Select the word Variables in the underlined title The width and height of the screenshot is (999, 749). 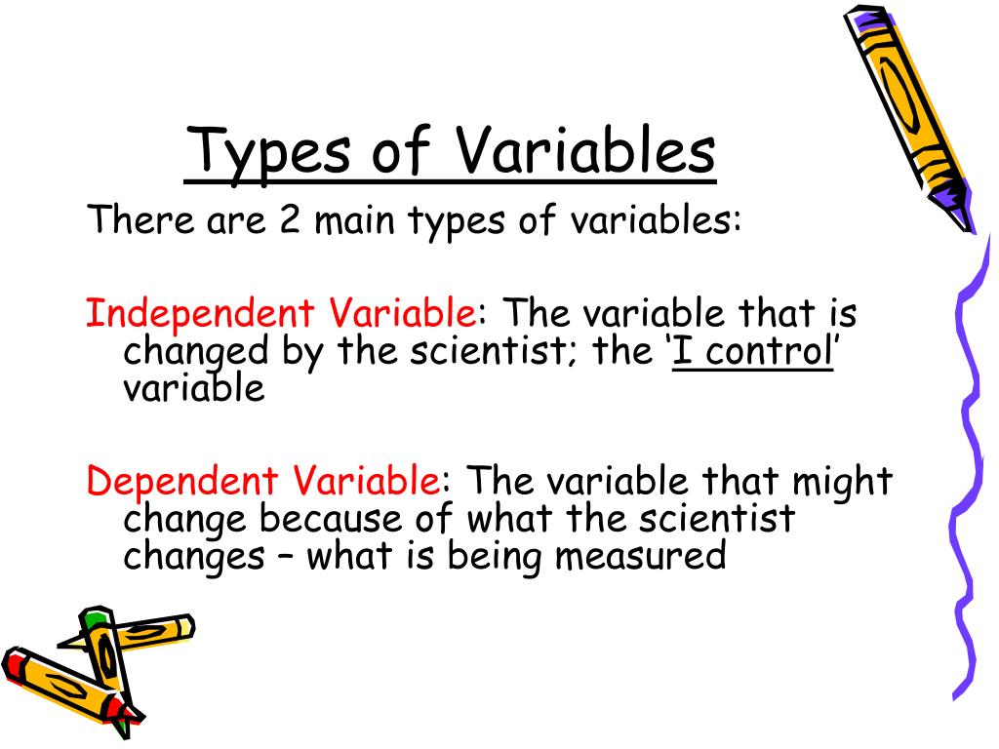point(586,152)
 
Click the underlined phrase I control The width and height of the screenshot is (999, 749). point(752,351)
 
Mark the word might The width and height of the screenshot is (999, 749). point(840,482)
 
